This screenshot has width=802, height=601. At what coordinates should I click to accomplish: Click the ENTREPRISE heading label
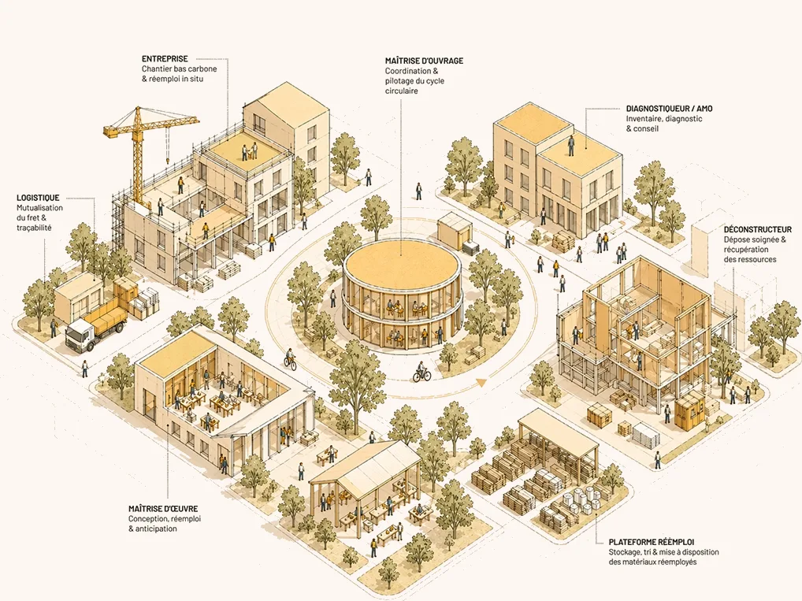(x=165, y=59)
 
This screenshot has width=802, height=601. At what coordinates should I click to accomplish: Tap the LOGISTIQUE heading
(x=38, y=198)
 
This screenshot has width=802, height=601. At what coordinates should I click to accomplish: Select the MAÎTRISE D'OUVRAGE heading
(x=424, y=61)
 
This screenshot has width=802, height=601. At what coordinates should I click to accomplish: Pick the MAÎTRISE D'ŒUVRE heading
(x=163, y=509)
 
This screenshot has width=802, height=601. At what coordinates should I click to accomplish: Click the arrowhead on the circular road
(x=481, y=381)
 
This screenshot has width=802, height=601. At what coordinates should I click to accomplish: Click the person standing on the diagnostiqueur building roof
(x=571, y=145)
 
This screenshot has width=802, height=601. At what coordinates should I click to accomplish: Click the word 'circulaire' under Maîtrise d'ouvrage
(x=402, y=91)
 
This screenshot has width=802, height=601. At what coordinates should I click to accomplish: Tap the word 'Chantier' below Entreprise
(x=156, y=69)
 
